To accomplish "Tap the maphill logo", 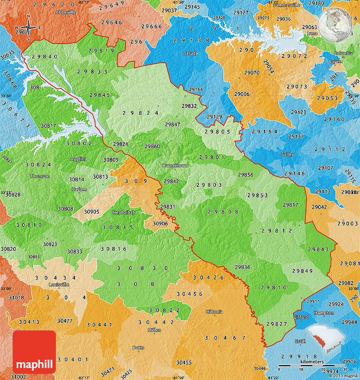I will coord(34,352).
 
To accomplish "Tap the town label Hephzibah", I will coord(124,212).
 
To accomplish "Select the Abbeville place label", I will coord(66,12).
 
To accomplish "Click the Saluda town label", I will coord(190,53).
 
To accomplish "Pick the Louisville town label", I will coord(58,284).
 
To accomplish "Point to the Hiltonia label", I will coord(214,312).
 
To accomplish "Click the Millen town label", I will coord(154,330).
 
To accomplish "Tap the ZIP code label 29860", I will coord(152,146).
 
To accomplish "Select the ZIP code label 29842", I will coord(171,181).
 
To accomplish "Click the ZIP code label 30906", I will coord(160,223).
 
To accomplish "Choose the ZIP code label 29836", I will coord(242,267).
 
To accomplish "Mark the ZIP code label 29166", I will coord(196,89).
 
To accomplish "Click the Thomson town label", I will coord(39,176).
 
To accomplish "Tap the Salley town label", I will coord(288,154).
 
